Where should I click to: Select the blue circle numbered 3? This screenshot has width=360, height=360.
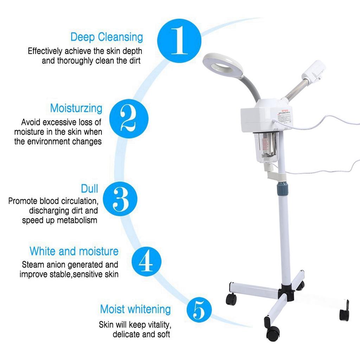coord(120,199)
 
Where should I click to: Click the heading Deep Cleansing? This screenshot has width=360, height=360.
coord(107,37)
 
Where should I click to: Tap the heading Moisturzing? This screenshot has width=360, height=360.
coord(76,108)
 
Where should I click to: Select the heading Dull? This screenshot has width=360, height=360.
coord(89,188)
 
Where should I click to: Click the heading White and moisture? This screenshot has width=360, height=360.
coord(74,251)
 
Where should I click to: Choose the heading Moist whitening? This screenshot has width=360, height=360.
coord(135,309)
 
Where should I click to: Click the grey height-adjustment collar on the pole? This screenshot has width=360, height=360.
coord(283,187)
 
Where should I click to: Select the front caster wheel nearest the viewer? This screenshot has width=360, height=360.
coord(273,332)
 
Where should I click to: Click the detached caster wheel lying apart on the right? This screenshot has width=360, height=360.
coord(344,313)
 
